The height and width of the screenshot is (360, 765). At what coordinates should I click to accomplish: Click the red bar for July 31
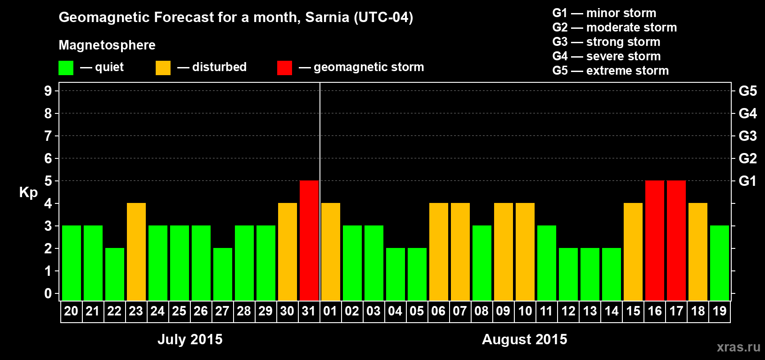pos(309,240)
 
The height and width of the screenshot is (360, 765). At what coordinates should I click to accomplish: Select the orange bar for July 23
pos(136,252)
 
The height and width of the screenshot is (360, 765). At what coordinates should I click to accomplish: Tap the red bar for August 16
pos(655,240)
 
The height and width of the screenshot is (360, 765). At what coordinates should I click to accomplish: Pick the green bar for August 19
pos(720,263)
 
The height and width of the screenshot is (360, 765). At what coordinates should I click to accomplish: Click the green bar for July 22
pos(115,274)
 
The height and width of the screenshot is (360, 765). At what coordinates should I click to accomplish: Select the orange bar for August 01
pos(331,252)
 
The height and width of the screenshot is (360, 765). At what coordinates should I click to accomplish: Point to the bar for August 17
pos(676,240)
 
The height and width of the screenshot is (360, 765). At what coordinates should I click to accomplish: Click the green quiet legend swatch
pos(66,68)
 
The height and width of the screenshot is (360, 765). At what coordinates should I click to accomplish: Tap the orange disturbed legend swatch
pos(163,68)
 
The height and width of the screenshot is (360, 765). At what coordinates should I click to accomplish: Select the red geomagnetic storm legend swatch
pos(284,68)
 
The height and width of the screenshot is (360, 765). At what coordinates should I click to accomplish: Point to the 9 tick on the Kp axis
pos(48,91)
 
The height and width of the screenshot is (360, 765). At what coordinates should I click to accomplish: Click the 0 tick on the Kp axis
pos(48,293)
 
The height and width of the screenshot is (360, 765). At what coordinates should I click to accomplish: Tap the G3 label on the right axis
pos(747,136)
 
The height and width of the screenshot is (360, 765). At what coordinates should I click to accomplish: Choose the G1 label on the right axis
pos(747,181)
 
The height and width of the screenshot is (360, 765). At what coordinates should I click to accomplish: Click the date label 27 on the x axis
pos(222,311)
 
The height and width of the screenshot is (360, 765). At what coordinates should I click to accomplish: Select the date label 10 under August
pos(525,311)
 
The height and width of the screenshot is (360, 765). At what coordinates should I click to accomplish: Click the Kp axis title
pos(28,192)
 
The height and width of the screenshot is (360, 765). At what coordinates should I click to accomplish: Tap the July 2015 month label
pos(190,339)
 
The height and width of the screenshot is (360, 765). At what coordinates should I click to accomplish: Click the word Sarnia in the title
pos(327,17)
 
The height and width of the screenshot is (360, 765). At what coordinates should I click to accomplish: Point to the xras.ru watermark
pos(738,347)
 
